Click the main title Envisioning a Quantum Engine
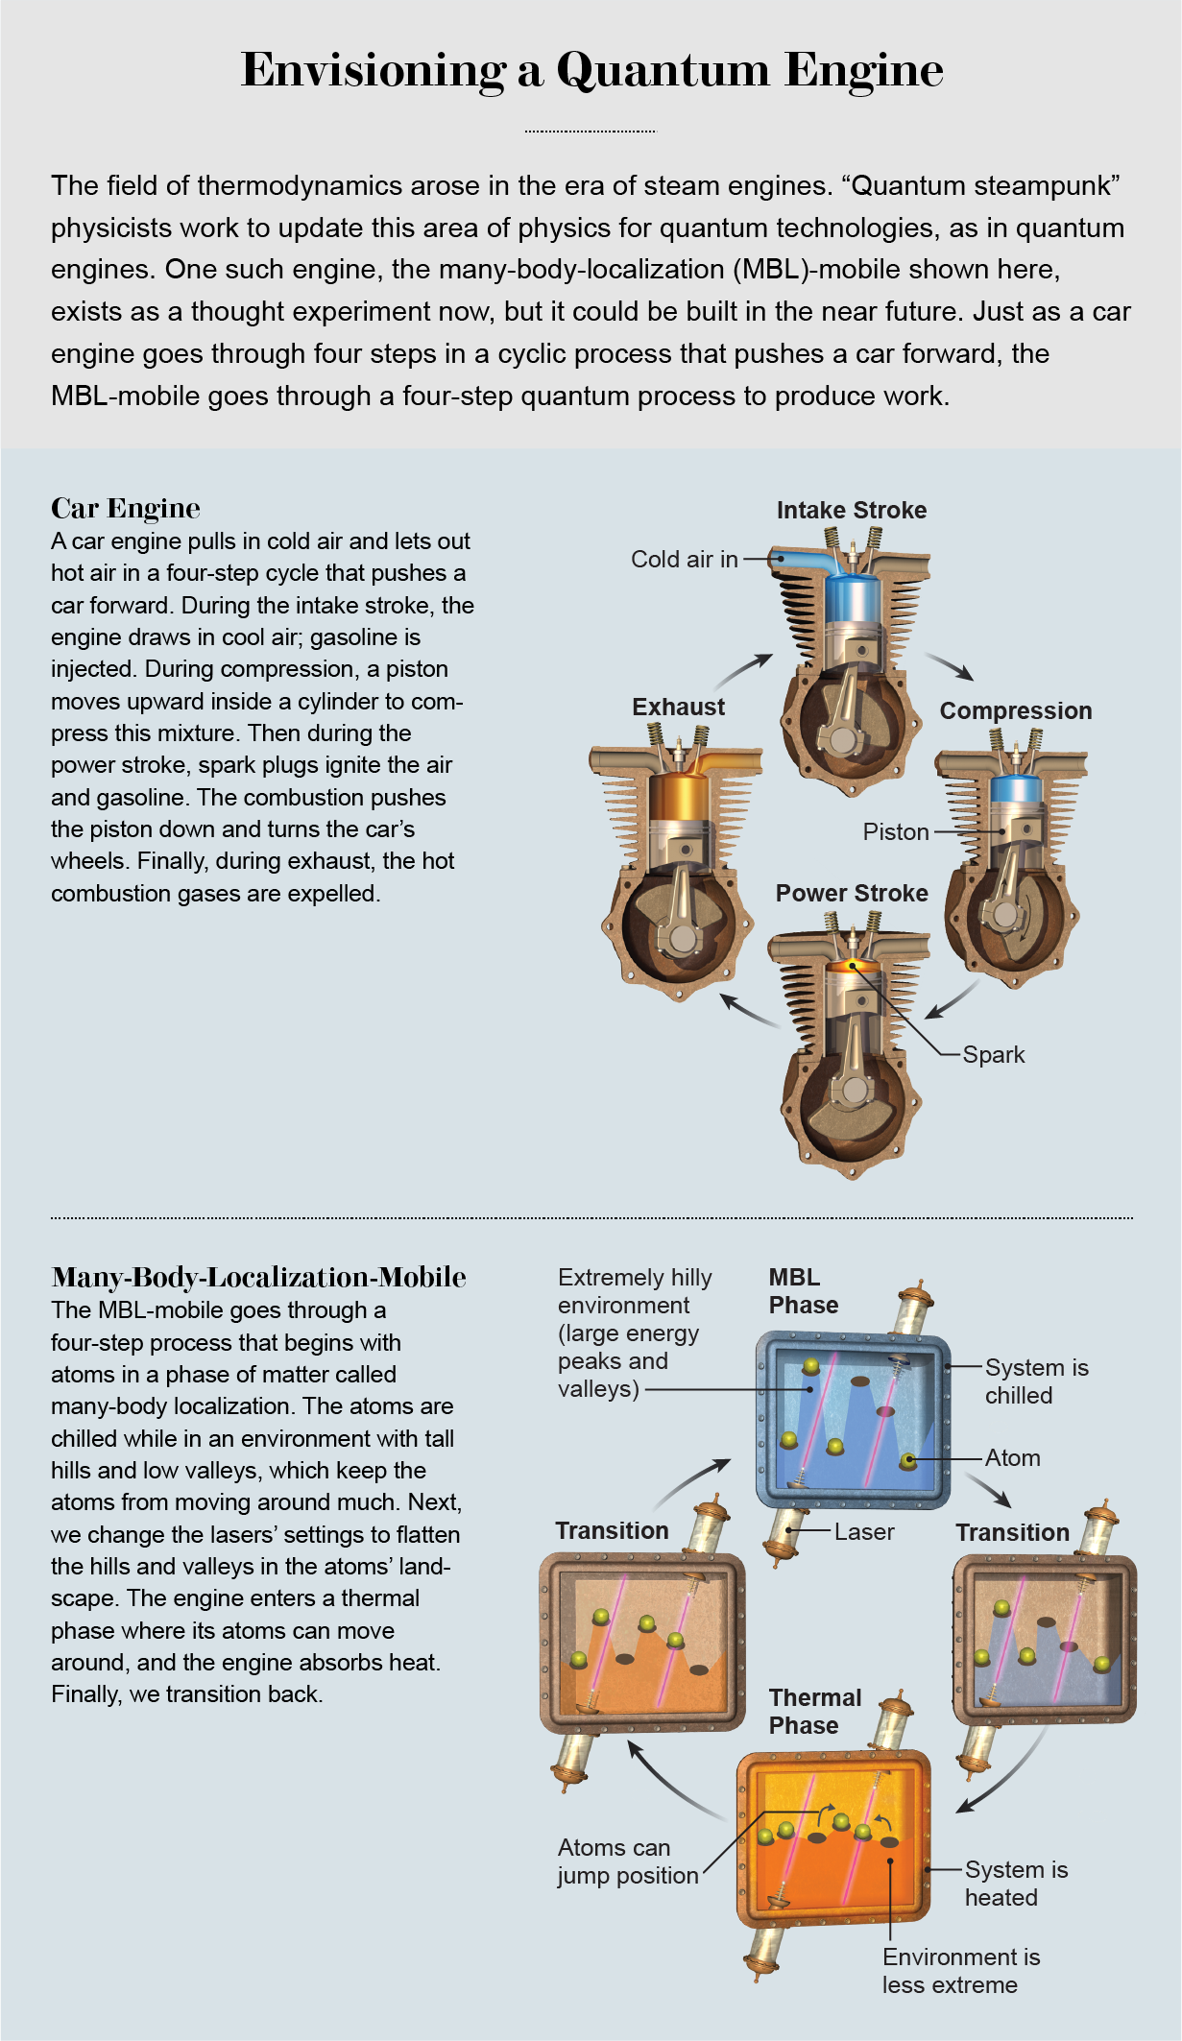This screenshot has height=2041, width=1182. (591, 70)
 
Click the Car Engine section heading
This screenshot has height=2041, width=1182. (126, 508)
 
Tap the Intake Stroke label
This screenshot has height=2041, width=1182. (851, 510)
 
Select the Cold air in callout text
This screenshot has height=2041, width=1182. (684, 559)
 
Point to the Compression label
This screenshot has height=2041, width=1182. (1015, 710)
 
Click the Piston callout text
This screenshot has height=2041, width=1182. (895, 831)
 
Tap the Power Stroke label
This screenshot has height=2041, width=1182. (851, 893)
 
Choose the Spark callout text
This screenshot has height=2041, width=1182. (993, 1054)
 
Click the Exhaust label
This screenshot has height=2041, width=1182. (678, 707)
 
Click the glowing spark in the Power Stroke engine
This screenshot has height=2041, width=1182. (851, 964)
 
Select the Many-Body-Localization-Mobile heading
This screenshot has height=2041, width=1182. (258, 1277)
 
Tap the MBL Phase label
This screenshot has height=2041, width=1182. (803, 1290)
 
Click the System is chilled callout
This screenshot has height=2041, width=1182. (1035, 1381)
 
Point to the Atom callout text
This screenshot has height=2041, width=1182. (1012, 1457)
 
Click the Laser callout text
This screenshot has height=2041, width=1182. (863, 1531)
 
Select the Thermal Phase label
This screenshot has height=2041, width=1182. (814, 1711)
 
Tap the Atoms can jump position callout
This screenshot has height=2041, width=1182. (627, 1861)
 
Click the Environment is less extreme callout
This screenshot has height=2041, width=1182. (960, 1970)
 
